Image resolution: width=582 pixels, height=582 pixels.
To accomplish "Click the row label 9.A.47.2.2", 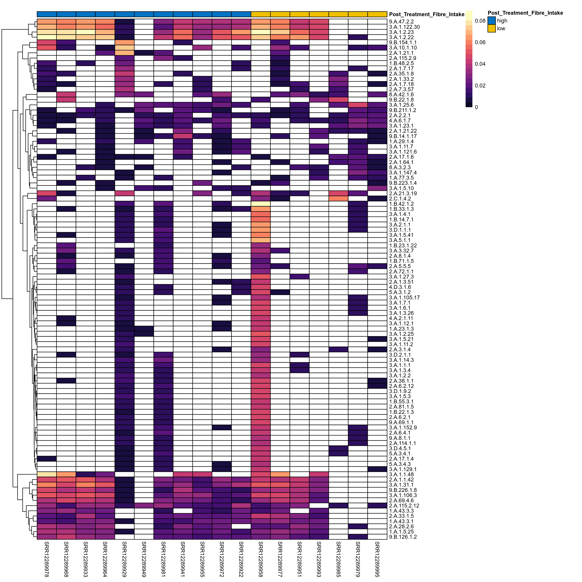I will click(401, 22).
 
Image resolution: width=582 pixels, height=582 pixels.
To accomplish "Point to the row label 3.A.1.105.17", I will click(404, 298).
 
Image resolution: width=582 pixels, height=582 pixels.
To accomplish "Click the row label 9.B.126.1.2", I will click(403, 537).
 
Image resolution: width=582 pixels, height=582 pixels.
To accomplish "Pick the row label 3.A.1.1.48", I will click(401, 474).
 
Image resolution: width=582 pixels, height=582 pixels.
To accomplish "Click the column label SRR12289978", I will click(47, 559).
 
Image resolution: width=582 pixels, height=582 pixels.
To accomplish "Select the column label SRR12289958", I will click(261, 559).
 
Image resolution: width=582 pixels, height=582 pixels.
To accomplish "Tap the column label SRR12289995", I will click(377, 559).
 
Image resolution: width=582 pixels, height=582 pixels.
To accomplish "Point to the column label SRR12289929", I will click(124, 559).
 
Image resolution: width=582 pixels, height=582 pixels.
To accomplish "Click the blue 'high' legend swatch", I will click(492, 21).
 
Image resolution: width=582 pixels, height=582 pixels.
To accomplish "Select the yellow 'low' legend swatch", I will click(492, 28).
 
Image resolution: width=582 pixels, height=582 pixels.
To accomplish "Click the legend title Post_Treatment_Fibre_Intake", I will click(525, 13).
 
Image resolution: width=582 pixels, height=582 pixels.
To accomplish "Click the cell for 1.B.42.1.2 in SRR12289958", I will click(261, 204).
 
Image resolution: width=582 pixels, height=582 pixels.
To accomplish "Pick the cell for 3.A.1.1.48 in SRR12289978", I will click(47, 474).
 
